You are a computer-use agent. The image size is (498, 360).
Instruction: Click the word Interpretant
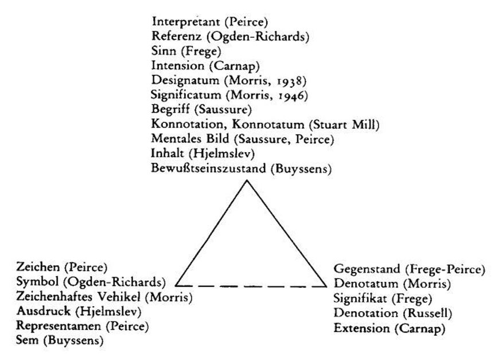pos(186,22)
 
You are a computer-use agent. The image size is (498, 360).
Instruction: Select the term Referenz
pos(176,36)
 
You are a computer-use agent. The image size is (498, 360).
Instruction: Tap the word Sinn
pos(164,51)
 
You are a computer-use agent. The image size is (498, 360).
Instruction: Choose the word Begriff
pos(170,110)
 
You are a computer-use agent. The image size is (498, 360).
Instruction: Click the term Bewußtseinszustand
pos(208,168)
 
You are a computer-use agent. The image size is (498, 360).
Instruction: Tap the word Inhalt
pos(168,153)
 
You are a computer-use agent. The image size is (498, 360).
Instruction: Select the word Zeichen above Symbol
pos(38,267)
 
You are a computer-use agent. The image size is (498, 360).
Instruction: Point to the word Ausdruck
pos(43,311)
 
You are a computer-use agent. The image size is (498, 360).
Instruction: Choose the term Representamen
pos(59,326)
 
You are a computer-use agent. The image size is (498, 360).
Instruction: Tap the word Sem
pos(27,340)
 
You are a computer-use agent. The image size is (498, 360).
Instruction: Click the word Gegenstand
pos(367,269)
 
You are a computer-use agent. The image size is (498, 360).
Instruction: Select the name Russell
pos(427,313)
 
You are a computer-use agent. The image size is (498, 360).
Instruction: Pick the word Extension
pos(361,328)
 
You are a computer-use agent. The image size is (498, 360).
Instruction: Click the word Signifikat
pos(360,299)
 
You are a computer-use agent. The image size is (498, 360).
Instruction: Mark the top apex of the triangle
pos(247,181)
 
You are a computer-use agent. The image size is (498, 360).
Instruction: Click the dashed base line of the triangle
pos(251,287)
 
